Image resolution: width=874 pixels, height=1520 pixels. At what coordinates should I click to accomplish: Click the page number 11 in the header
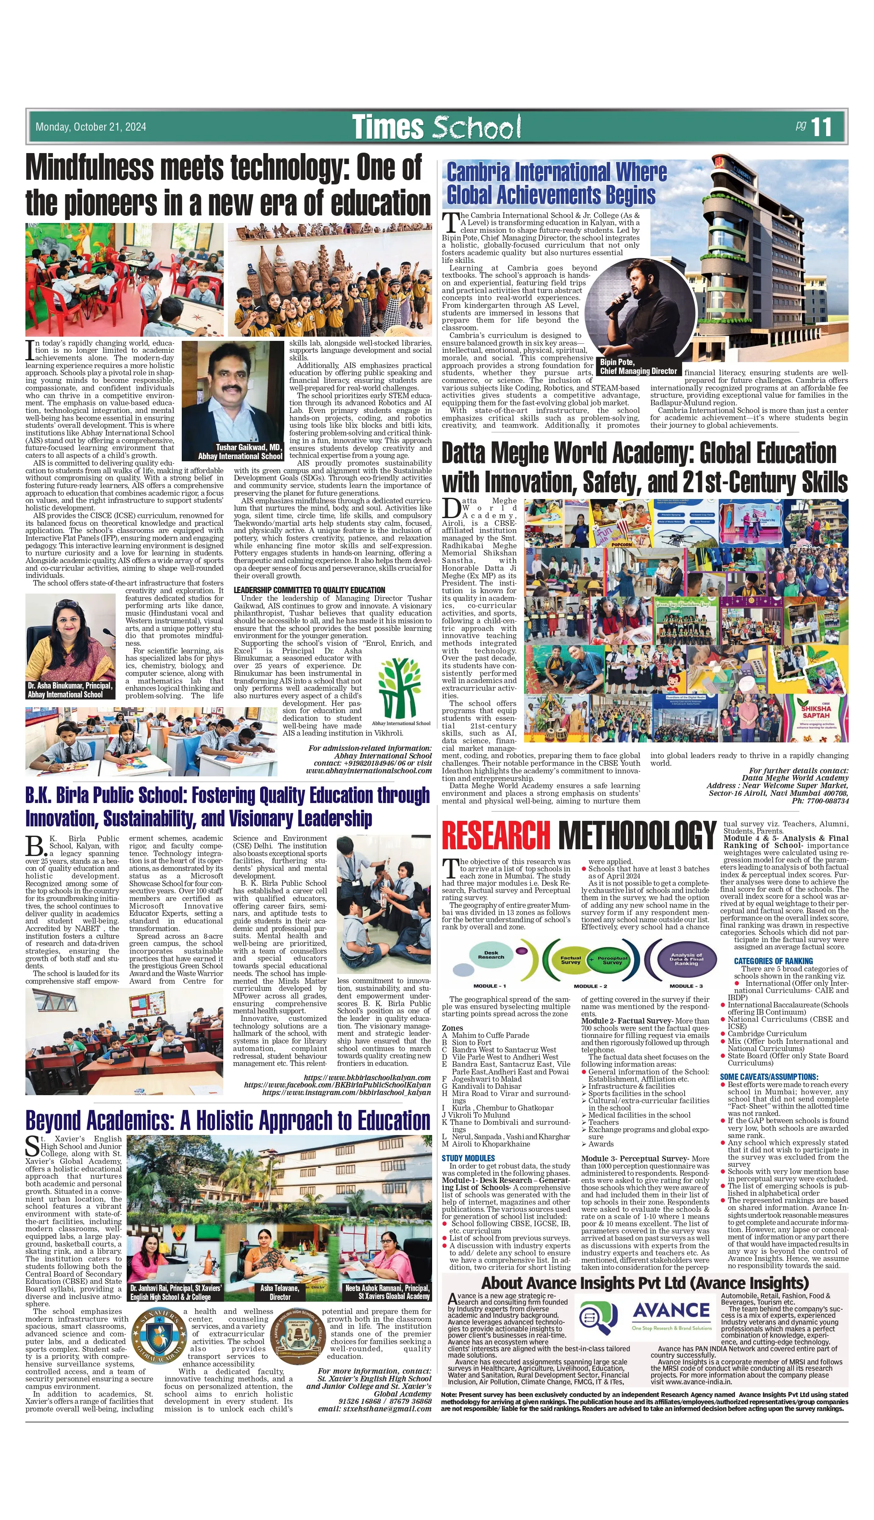pos(821,127)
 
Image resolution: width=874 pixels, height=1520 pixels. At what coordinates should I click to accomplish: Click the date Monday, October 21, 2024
pos(91,127)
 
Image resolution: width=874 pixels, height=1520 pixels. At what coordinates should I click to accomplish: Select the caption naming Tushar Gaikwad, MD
pos(241,452)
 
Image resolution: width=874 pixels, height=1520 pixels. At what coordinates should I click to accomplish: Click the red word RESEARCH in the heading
pos(495,835)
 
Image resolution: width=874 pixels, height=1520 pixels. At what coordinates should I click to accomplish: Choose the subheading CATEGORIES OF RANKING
pos(773,961)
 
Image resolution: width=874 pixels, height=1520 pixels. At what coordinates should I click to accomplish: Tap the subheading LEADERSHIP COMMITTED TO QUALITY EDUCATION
pos(309,590)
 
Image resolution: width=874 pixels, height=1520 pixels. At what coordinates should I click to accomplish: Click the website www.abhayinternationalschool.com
pos(369,770)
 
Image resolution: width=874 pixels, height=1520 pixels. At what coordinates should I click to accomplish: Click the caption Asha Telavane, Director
pos(279,1292)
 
